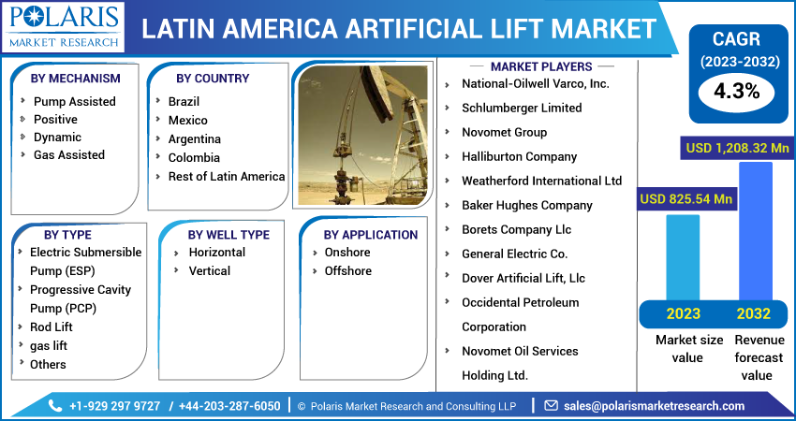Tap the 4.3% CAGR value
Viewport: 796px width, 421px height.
(736, 92)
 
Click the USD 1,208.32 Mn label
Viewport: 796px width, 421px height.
(736, 148)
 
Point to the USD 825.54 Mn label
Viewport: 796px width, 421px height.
(685, 198)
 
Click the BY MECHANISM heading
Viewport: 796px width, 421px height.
(75, 78)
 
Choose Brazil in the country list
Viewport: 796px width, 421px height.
(184, 101)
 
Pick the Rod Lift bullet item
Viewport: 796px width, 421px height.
(51, 327)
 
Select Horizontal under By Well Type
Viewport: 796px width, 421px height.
(216, 252)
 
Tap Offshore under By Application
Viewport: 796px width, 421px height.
(347, 270)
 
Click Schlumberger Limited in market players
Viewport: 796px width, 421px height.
(522, 108)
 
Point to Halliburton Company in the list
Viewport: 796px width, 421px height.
(519, 156)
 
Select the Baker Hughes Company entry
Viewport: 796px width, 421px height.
(526, 205)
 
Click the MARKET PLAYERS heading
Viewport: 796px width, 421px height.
(541, 66)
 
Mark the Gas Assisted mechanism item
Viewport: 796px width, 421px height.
(69, 154)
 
